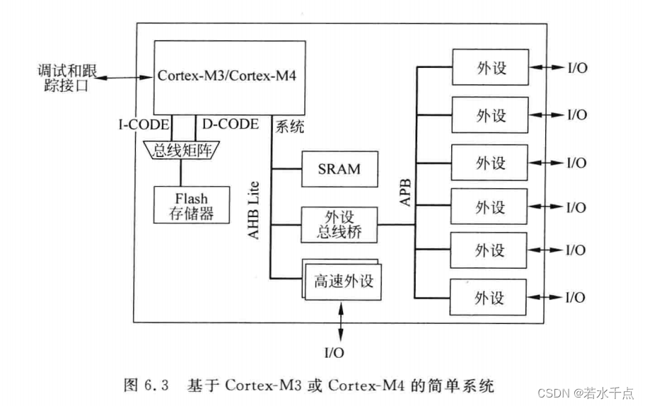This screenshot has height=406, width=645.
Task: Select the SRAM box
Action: [x=339, y=169]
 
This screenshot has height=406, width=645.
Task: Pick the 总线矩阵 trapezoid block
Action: [x=181, y=149]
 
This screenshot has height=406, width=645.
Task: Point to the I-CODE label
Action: [x=144, y=125]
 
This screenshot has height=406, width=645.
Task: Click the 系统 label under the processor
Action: [x=289, y=127]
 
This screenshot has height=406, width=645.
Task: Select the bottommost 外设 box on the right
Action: [x=490, y=298]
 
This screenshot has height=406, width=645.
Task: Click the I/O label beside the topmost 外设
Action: [x=577, y=68]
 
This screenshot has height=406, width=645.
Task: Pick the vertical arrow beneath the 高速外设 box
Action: [x=342, y=322]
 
